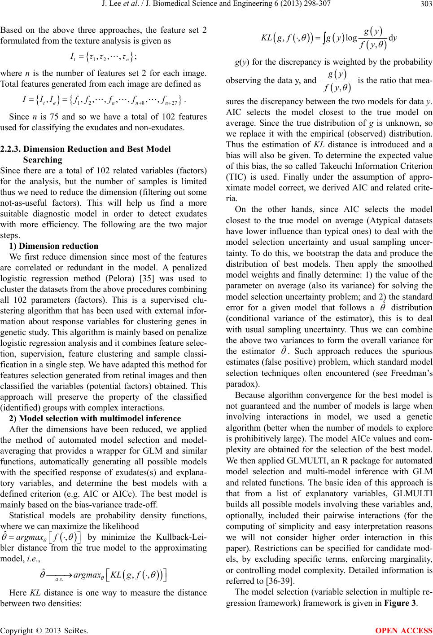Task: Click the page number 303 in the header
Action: [424, 5]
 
